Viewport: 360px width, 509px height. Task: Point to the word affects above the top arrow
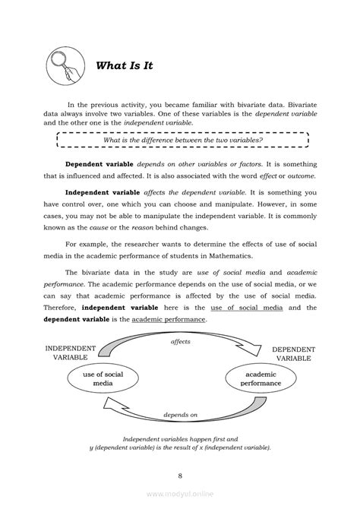point(180,342)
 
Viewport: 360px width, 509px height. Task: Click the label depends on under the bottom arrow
point(180,415)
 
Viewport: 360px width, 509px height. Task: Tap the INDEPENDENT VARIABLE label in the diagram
point(71,353)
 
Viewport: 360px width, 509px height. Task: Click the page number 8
point(180,476)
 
